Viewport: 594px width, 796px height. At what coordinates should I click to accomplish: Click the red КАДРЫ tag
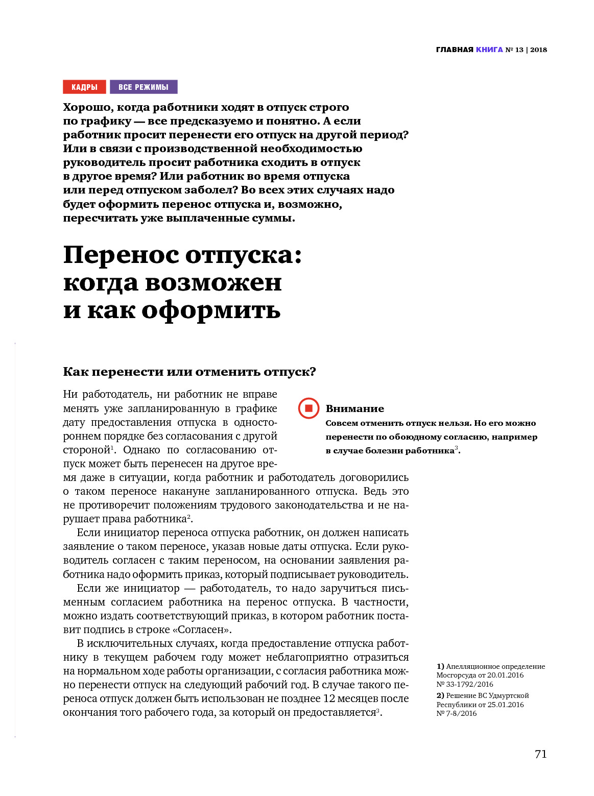click(x=84, y=87)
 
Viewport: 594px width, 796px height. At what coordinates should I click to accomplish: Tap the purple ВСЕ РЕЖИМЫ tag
click(x=144, y=87)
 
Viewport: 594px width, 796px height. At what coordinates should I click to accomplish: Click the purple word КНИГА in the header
click(x=489, y=50)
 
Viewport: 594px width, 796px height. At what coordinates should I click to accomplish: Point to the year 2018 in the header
click(x=538, y=50)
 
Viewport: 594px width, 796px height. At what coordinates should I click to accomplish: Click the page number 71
click(x=540, y=754)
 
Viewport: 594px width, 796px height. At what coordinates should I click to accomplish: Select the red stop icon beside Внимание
click(x=308, y=408)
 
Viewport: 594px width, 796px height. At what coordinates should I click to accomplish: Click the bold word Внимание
click(x=354, y=408)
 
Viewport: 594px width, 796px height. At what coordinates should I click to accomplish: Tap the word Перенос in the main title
click(x=121, y=255)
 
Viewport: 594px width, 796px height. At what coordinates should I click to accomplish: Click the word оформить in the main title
click(x=211, y=309)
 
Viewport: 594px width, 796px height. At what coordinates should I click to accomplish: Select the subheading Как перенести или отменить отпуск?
click(x=189, y=372)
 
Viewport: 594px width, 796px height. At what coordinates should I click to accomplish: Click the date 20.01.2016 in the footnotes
click(x=505, y=675)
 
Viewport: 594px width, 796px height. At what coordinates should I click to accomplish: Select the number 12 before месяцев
click(x=329, y=698)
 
